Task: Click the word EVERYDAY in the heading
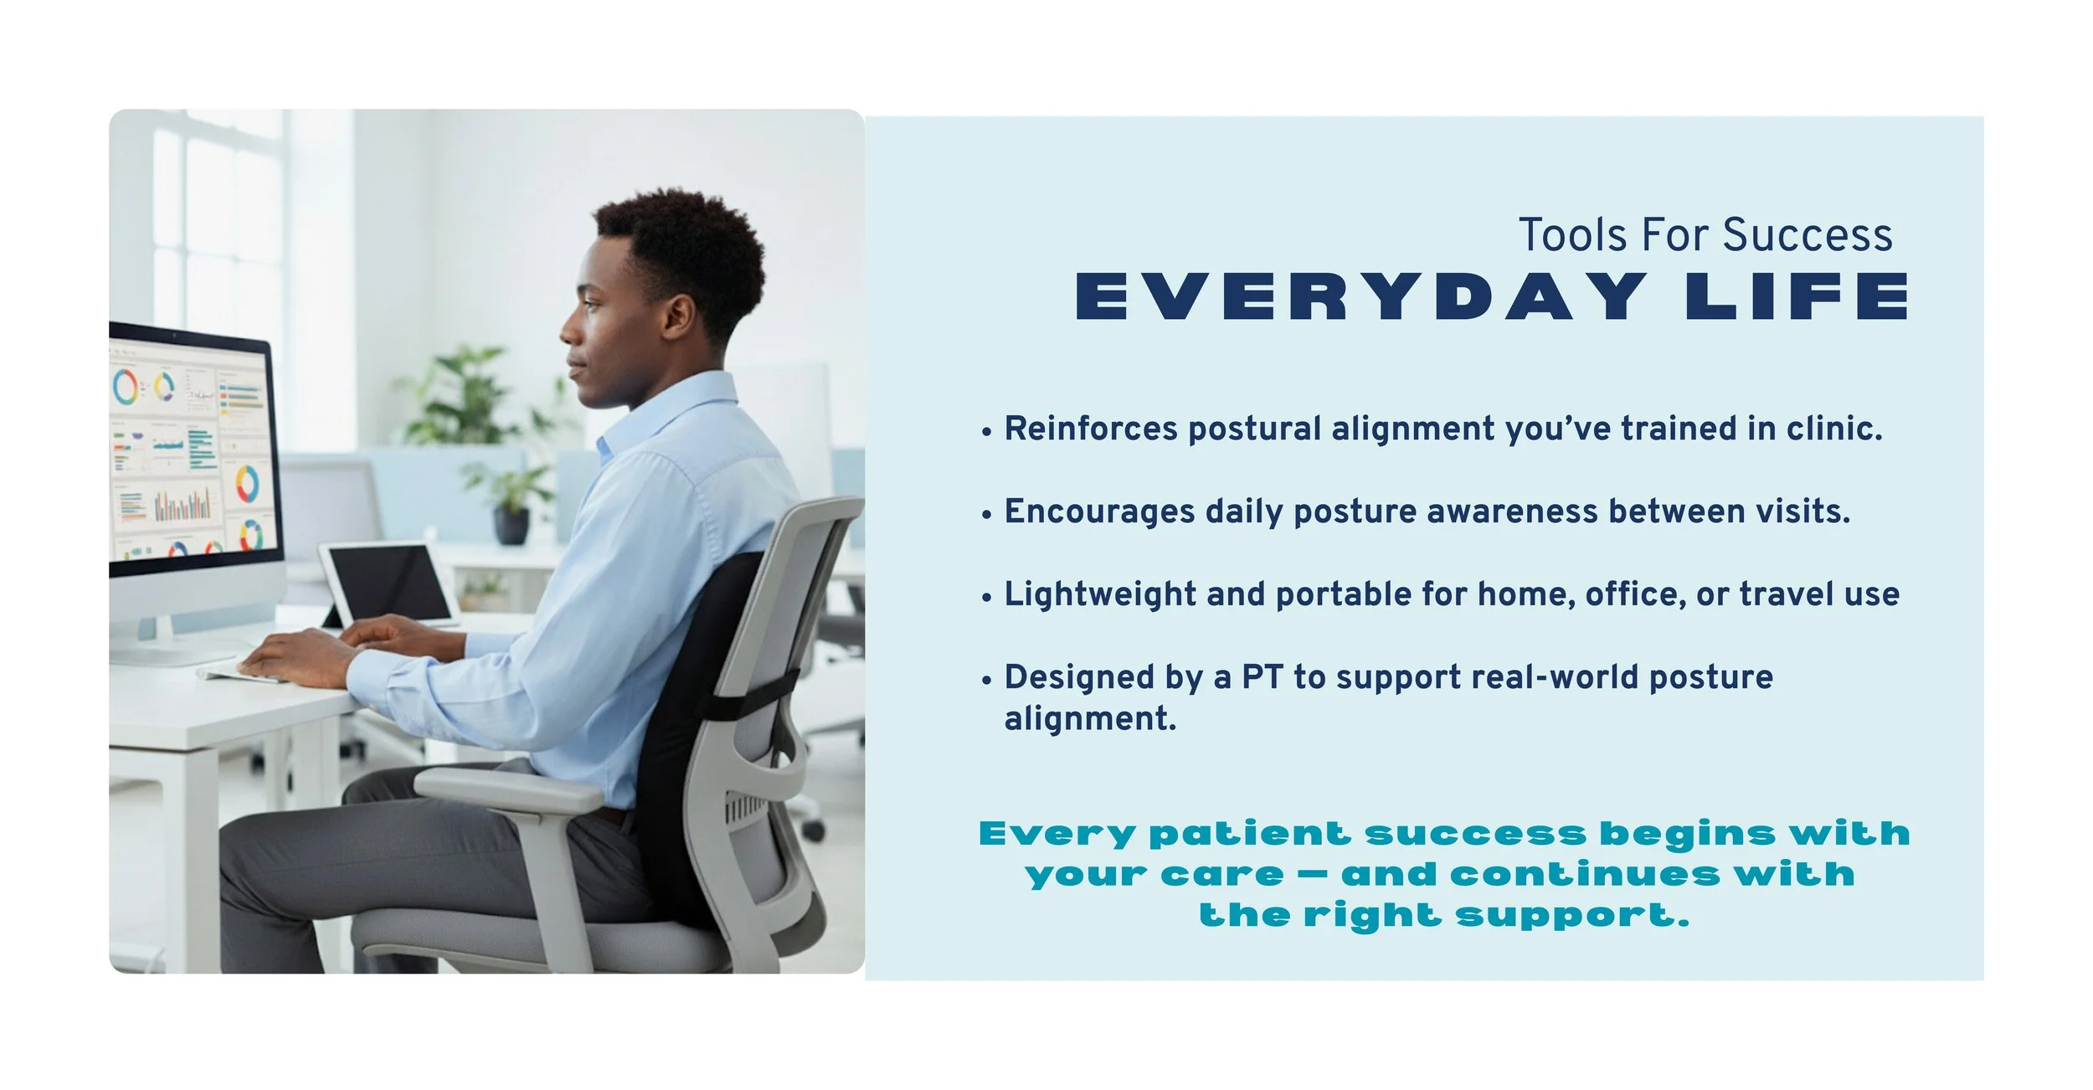click(x=1360, y=297)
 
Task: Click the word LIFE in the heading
click(x=1797, y=297)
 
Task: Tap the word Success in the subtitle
click(x=1808, y=235)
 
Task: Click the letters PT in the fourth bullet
click(x=1262, y=677)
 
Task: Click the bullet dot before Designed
click(x=987, y=680)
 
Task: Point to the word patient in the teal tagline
click(x=1250, y=834)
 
